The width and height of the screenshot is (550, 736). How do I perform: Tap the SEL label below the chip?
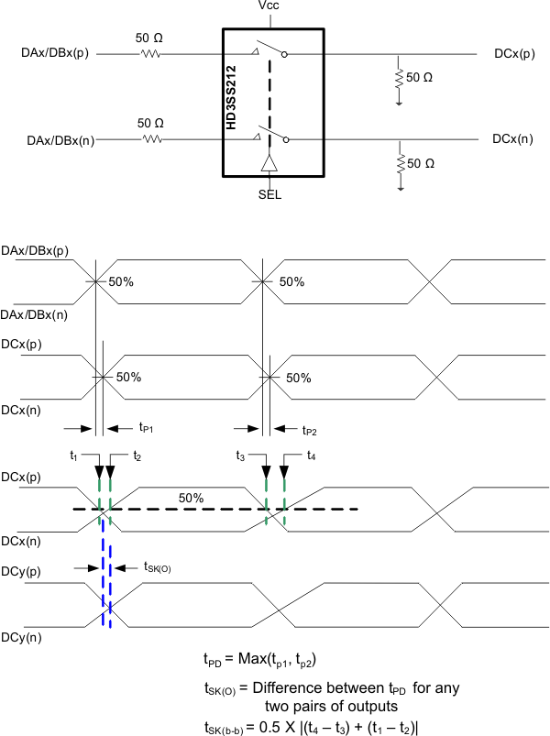269,194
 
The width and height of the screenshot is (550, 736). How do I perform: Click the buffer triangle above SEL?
269,163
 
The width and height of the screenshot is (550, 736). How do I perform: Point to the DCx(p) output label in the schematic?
513,54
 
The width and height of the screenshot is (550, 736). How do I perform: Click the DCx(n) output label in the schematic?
513,139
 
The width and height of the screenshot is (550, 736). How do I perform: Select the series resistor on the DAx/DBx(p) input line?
150,54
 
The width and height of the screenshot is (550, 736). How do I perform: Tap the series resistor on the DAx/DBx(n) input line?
150,139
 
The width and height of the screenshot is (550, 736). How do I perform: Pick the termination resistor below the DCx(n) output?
400,164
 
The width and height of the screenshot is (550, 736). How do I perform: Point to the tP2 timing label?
313,428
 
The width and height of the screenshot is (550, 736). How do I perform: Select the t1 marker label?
75,455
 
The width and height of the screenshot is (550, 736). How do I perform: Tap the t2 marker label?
136,456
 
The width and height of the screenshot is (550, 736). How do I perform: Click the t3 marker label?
241,455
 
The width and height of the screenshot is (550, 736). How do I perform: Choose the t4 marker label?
312,456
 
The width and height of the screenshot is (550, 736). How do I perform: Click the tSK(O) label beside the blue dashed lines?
156,568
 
